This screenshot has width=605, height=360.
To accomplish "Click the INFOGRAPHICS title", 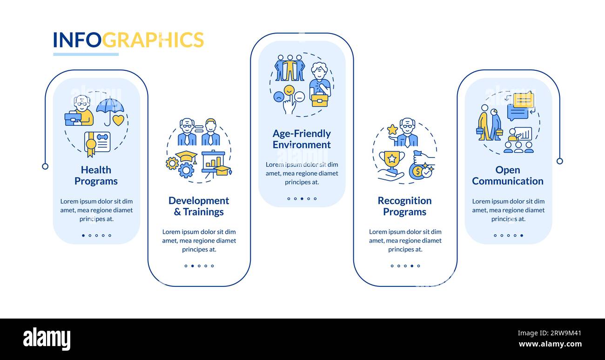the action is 128,40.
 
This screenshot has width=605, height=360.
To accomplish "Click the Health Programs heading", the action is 96,176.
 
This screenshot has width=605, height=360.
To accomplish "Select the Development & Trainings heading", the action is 199,206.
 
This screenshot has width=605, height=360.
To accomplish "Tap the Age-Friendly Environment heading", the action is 302,139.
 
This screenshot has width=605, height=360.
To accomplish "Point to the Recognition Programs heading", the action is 404,206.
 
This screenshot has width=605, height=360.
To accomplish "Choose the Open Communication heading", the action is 508,176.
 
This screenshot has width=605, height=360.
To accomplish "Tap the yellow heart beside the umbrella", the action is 118,120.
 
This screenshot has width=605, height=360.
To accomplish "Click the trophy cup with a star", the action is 392,162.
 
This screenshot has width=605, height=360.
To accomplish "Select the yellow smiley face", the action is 289,90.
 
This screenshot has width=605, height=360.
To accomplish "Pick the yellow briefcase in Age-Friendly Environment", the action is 320,100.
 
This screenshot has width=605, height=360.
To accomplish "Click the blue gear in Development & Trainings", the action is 186,170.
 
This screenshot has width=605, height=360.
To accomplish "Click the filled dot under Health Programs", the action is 83,235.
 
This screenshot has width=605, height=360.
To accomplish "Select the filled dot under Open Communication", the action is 522,235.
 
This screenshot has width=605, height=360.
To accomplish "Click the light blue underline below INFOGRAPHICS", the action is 86,54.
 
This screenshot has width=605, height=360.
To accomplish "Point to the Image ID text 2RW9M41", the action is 565,333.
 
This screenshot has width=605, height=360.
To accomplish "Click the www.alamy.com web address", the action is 550,344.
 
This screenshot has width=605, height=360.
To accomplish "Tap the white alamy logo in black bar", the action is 47,339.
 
